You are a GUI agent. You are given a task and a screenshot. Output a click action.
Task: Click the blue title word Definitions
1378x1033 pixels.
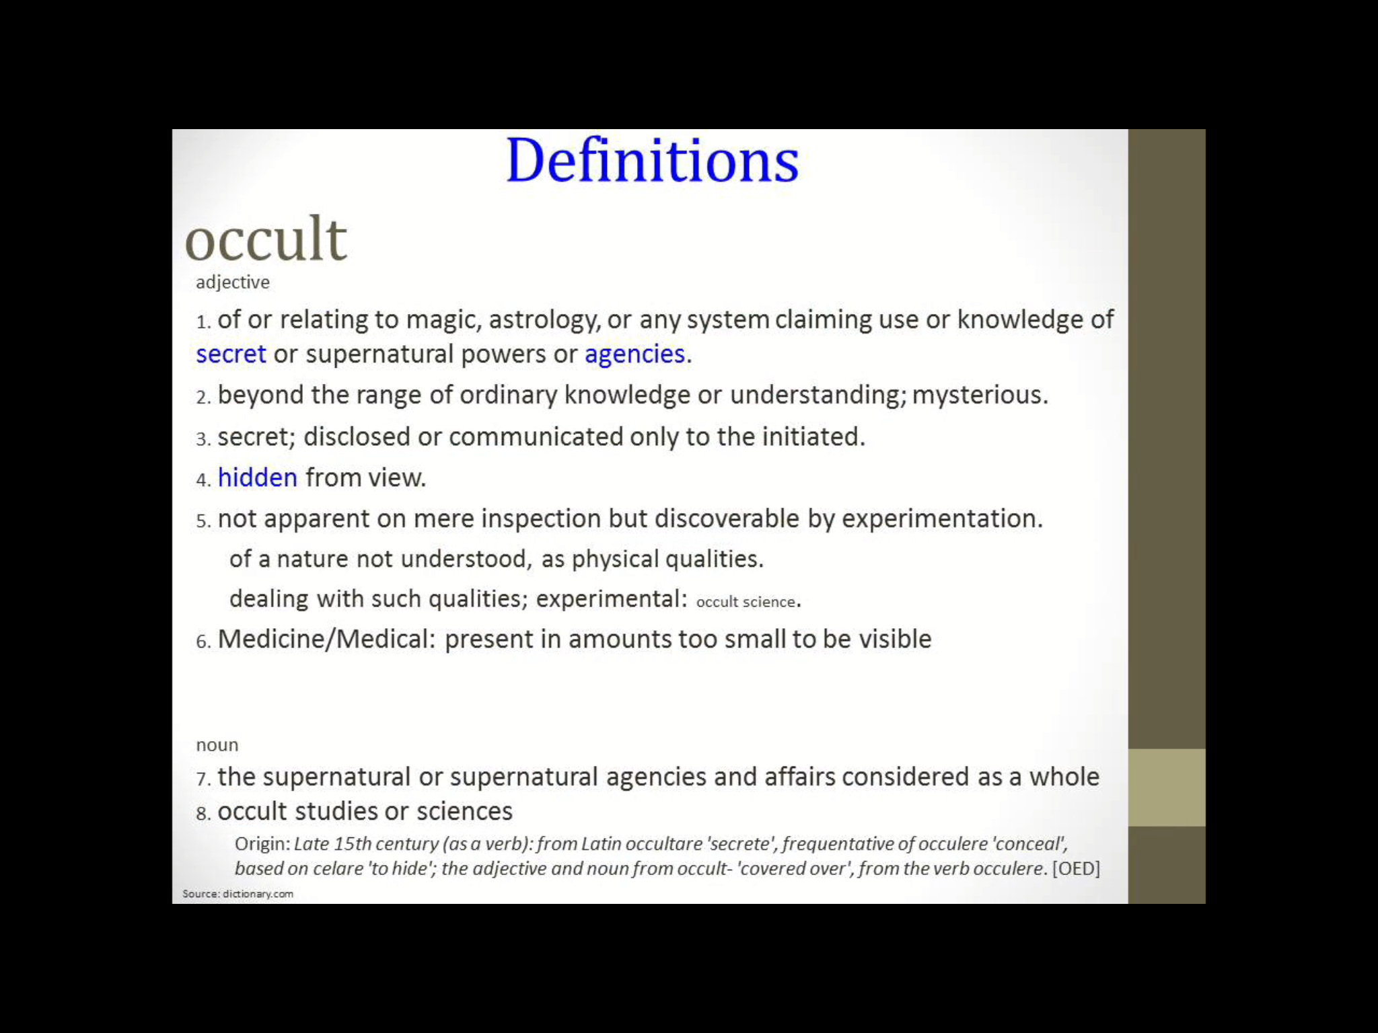pos(651,161)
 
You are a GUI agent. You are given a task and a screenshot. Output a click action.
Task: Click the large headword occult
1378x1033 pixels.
pos(266,239)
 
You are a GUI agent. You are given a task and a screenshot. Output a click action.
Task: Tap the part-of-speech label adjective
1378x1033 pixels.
pos(233,282)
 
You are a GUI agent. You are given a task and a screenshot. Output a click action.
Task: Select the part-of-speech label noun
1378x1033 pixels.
pos(217,745)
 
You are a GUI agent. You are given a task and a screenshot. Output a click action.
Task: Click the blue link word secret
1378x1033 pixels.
pos(231,354)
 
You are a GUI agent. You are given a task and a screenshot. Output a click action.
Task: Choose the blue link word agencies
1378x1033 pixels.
pos(634,354)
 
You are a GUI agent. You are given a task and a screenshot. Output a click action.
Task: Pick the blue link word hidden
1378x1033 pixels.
pos(257,478)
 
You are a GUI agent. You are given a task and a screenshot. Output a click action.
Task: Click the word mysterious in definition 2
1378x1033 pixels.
pos(979,395)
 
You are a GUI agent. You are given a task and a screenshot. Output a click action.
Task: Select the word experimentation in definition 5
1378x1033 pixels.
pos(941,519)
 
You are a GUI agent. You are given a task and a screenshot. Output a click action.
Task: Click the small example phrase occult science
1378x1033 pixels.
pos(746,602)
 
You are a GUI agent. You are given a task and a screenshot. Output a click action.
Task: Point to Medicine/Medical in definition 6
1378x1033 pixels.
pos(327,640)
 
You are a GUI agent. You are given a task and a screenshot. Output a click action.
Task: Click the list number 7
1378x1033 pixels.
pos(203,779)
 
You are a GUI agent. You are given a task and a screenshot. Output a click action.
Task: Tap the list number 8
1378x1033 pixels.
pos(203,814)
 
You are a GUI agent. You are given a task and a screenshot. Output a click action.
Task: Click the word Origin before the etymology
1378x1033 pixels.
pos(262,844)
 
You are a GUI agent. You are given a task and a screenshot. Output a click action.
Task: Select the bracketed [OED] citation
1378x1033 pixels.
pos(1076,869)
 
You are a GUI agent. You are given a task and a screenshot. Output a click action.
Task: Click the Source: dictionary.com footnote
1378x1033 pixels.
pos(238,894)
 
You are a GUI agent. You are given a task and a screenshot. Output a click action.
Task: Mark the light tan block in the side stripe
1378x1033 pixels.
pos(1166,788)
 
